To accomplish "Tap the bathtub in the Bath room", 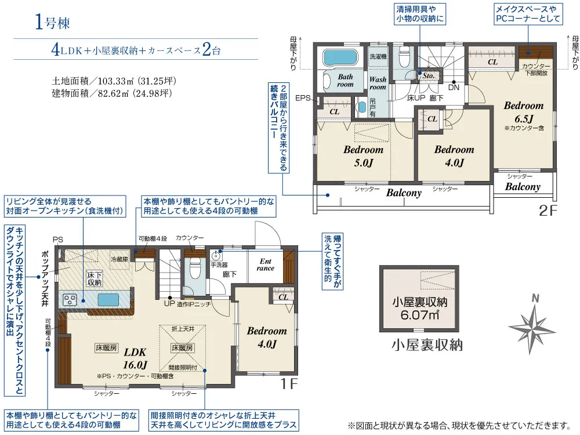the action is point(340,57).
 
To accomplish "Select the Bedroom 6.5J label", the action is point(524,112).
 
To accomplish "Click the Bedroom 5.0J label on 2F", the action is point(363,155).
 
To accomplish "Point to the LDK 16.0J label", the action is point(135,358).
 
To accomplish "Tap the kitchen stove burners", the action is point(70,299).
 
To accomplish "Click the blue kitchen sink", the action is point(108,299).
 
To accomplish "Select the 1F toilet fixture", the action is point(195,268).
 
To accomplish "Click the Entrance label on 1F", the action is point(266,264).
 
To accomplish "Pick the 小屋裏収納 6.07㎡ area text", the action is point(419,309).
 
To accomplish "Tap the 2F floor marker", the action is point(548,210).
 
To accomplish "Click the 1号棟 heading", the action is point(52,22).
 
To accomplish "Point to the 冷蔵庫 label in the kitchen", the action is point(119,259).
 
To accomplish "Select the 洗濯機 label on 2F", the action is point(378,57).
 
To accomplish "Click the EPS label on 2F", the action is point(303,99).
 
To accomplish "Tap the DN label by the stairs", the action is point(454,88).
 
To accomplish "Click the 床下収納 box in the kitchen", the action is point(95,278).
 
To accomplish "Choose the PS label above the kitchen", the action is point(57,240).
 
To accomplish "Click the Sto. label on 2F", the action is point(429,75).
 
